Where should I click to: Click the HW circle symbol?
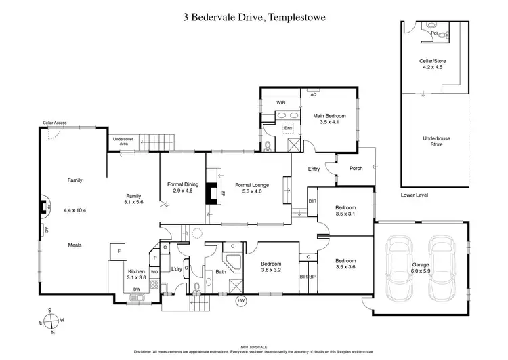(240, 301)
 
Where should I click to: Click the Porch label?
(355, 169)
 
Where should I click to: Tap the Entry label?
(314, 169)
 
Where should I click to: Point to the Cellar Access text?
(55, 123)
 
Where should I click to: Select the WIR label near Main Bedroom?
(280, 103)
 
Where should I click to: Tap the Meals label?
(75, 245)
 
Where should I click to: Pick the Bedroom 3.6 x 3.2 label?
(270, 266)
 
